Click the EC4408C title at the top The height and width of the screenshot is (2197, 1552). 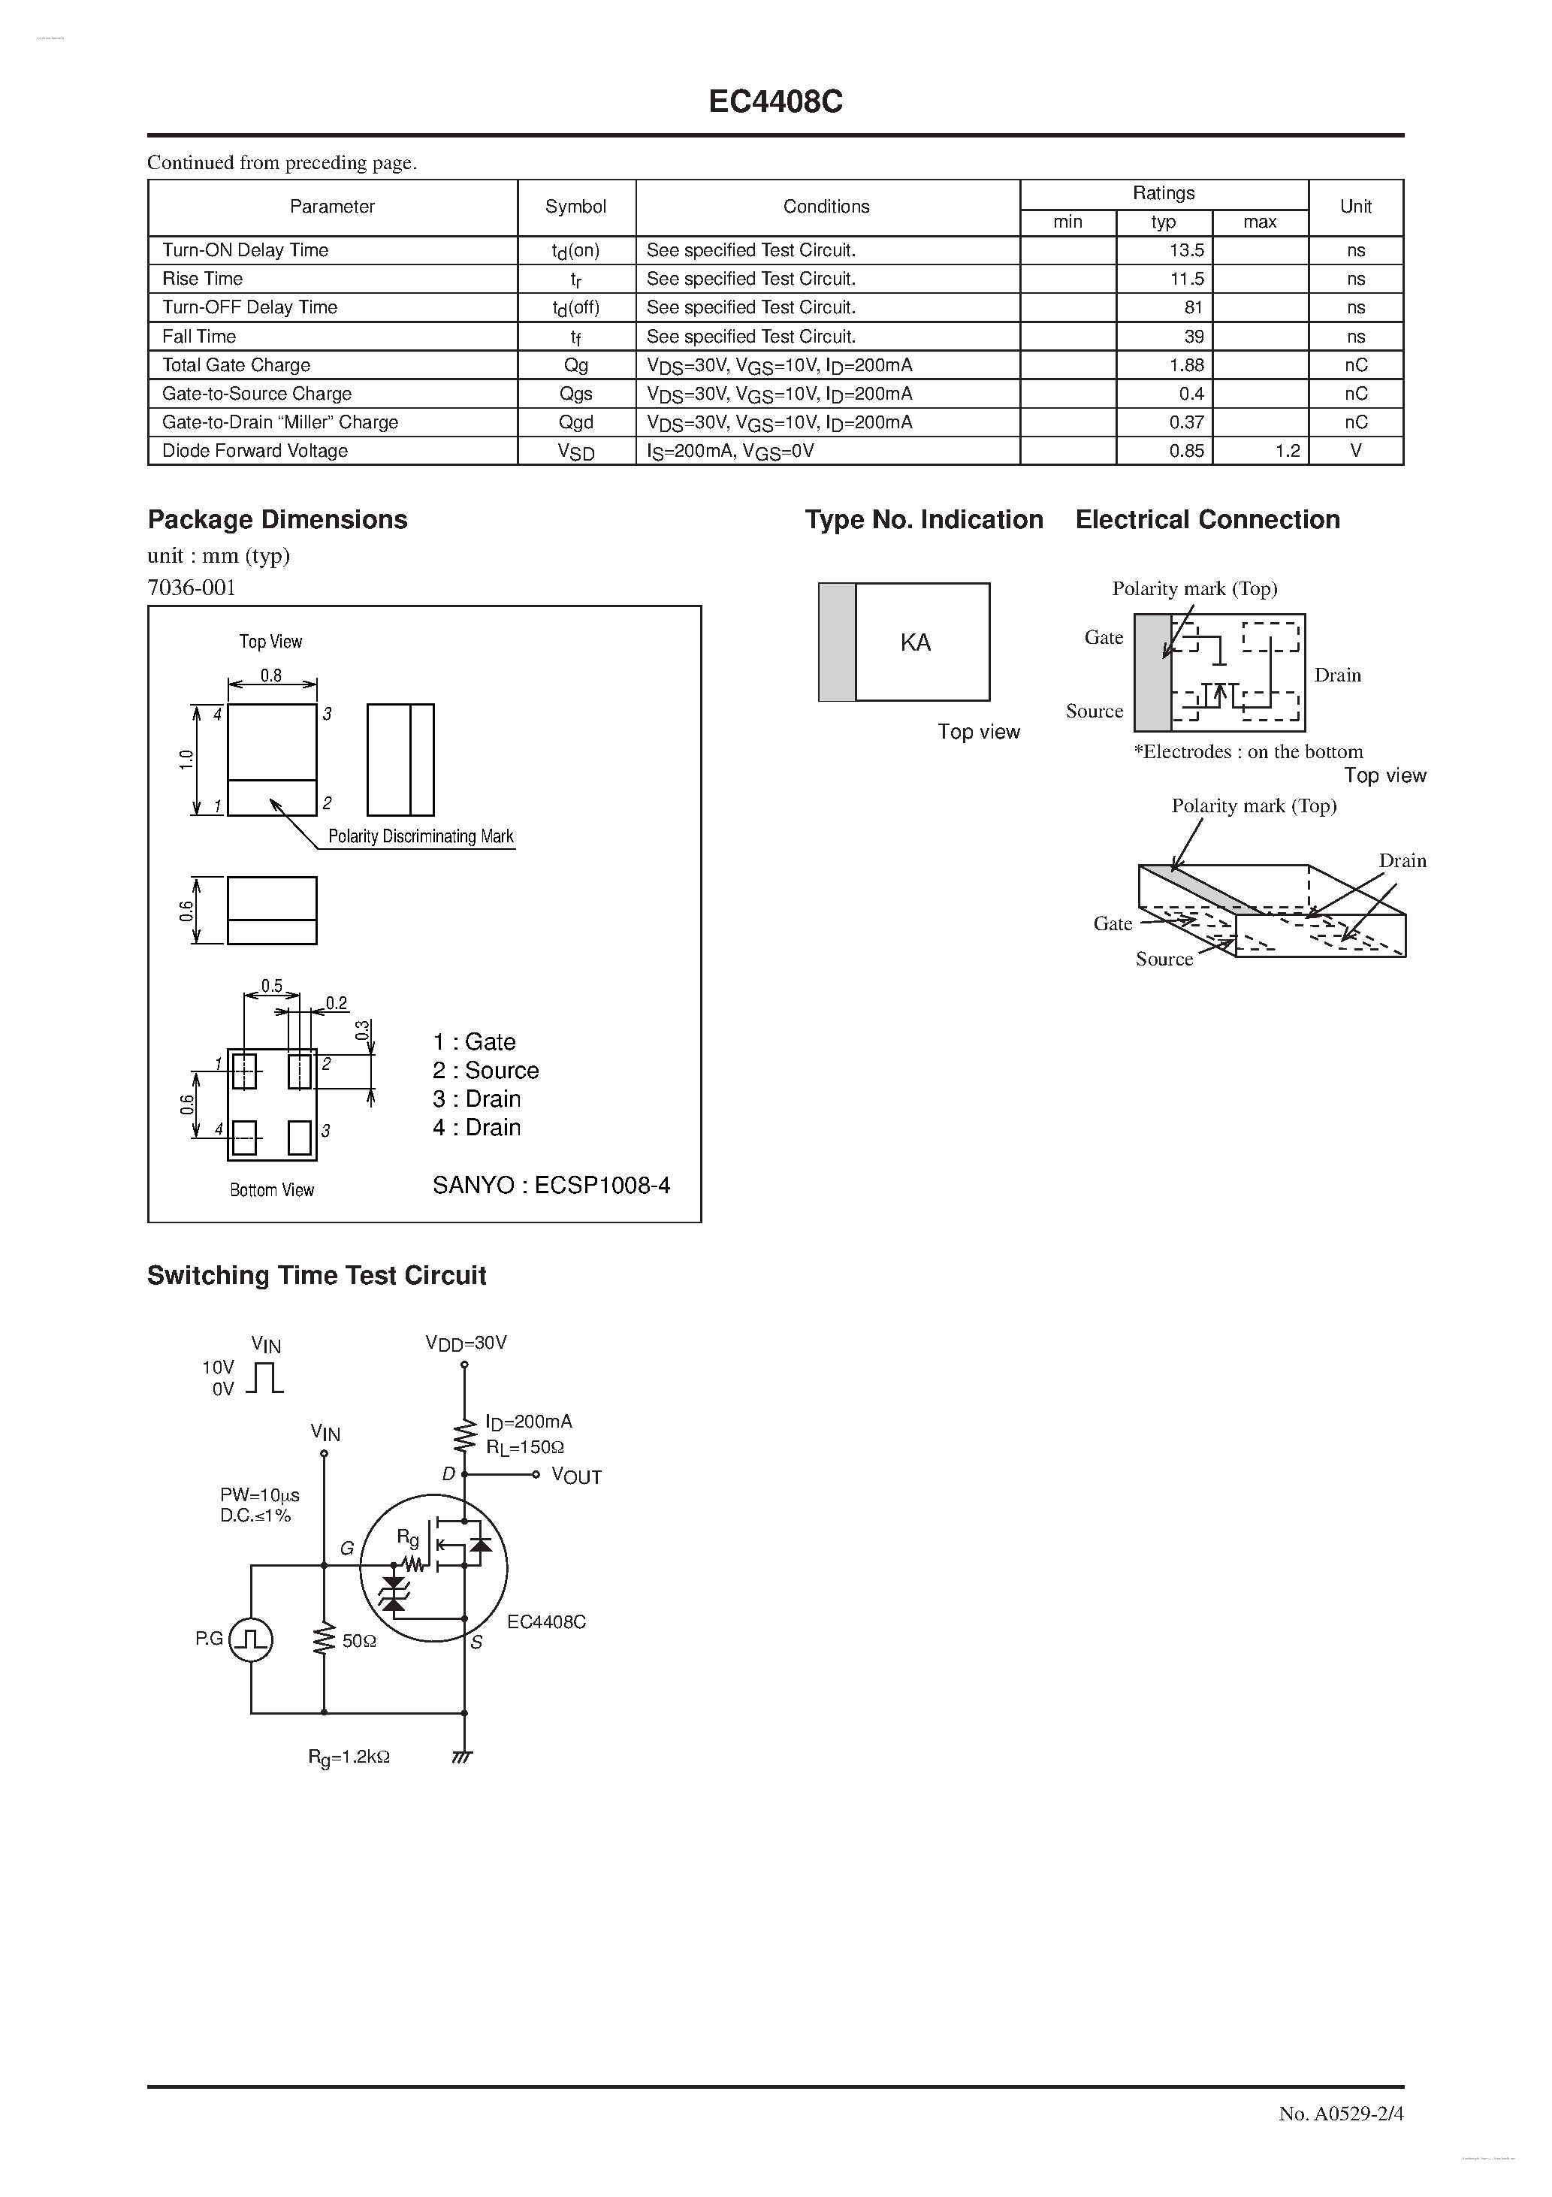pos(775,102)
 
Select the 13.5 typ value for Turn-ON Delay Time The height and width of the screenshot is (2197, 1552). pos(1185,251)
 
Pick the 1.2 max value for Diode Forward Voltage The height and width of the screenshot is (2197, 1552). pos(1287,451)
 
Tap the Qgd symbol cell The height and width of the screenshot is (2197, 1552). pos(576,422)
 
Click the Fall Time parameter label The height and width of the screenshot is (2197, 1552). pos(199,337)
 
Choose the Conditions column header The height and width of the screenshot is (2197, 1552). pos(826,207)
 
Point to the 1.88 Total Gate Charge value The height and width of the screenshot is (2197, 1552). pos(1185,365)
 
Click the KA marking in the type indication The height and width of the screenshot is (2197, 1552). pos(915,643)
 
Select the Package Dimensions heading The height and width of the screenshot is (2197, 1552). pos(277,520)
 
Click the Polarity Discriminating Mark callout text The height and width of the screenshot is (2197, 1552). pos(420,836)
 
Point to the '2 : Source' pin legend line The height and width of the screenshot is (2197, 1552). pos(485,1071)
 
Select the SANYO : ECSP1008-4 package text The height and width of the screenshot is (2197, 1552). pos(551,1186)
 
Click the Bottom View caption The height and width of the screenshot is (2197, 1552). pos(272,1190)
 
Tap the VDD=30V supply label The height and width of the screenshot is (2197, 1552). pos(466,1343)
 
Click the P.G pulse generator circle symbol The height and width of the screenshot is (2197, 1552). pos(252,1640)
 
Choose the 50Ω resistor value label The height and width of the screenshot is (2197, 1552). pos(359,1641)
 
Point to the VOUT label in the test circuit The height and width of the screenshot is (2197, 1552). pos(576,1476)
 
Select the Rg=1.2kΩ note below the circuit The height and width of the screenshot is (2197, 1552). pos(349,1757)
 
